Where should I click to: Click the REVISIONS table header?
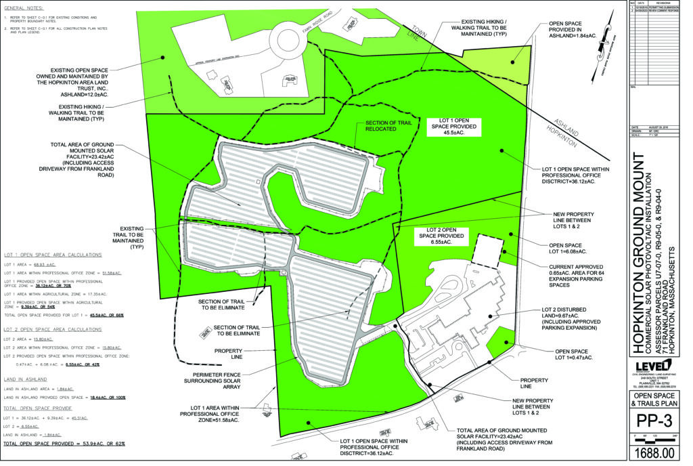pos(661,3)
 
